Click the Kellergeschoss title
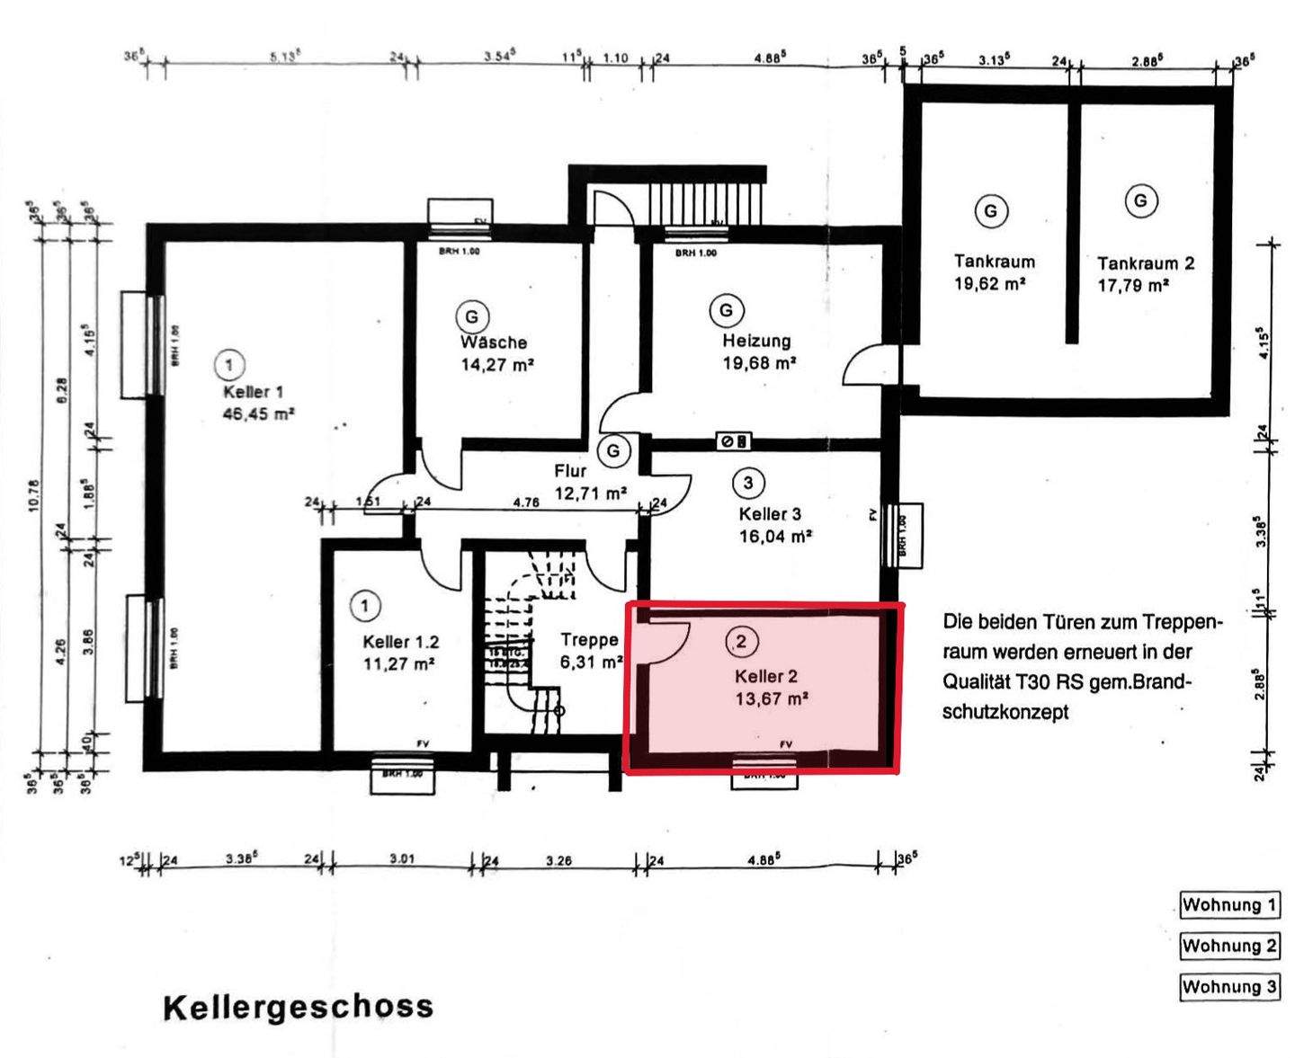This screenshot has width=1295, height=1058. pyautogui.click(x=298, y=1007)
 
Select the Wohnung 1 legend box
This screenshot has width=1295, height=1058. pyautogui.click(x=1228, y=905)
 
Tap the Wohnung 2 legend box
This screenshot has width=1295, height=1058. pyautogui.click(x=1228, y=946)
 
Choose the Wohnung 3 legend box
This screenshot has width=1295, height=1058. pyautogui.click(x=1228, y=987)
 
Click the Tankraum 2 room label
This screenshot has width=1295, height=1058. pyautogui.click(x=1145, y=263)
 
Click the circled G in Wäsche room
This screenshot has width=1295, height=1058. pyautogui.click(x=471, y=316)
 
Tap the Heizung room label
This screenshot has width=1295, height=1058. pyautogui.click(x=756, y=341)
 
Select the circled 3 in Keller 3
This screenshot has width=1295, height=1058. pyautogui.click(x=747, y=483)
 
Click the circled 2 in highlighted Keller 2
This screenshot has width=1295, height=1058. pyautogui.click(x=741, y=642)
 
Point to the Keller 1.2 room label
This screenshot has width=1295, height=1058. pyautogui.click(x=400, y=642)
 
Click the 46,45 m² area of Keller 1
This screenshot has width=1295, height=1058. pyautogui.click(x=258, y=414)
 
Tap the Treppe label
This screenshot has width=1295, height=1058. pyautogui.click(x=589, y=640)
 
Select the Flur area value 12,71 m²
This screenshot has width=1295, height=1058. pyautogui.click(x=590, y=493)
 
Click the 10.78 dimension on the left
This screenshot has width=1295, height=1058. pyautogui.click(x=34, y=495)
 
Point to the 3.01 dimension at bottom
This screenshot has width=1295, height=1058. pyautogui.click(x=401, y=859)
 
